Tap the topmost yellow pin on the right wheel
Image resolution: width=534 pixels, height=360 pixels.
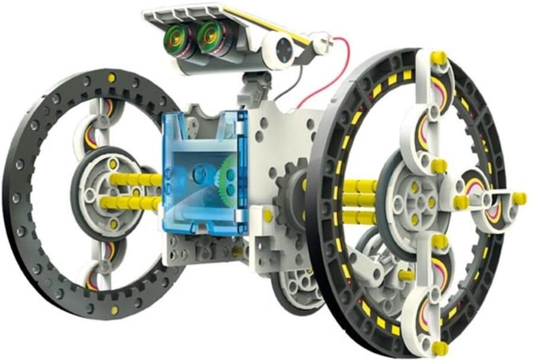pyautogui.click(x=438, y=58)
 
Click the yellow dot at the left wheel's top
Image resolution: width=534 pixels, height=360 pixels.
pyautogui.click(x=112, y=78)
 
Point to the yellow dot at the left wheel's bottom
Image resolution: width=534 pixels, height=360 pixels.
pyautogui.click(x=114, y=310)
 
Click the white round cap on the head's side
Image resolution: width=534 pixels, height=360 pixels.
pyautogui.click(x=283, y=49)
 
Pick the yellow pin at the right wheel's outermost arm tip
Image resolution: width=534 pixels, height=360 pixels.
pyautogui.click(x=519, y=198)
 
